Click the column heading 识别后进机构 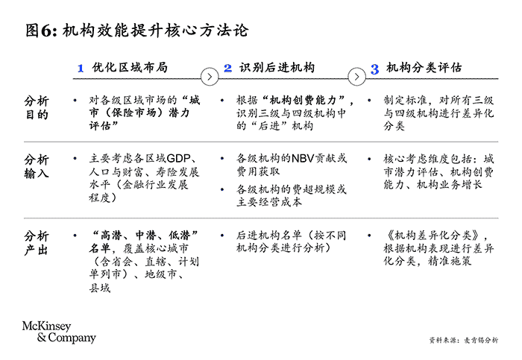point(277,68)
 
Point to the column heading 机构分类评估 point(424,68)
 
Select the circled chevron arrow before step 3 point(358,76)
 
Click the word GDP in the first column point(179,159)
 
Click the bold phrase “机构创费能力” point(306,101)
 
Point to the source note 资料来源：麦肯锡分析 point(464,340)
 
